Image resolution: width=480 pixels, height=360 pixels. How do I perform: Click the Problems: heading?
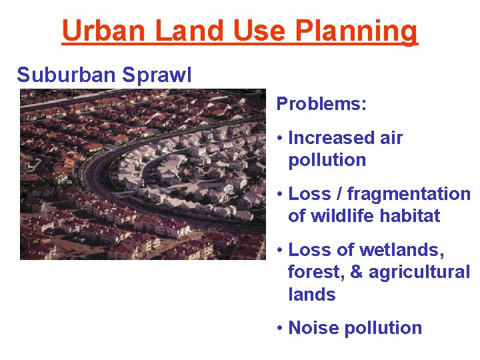321,103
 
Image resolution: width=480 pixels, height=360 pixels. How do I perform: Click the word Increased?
331,138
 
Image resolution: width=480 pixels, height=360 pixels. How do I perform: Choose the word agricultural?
419,273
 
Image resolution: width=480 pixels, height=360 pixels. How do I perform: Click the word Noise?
311,328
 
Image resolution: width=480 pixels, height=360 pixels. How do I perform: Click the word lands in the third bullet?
311,295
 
